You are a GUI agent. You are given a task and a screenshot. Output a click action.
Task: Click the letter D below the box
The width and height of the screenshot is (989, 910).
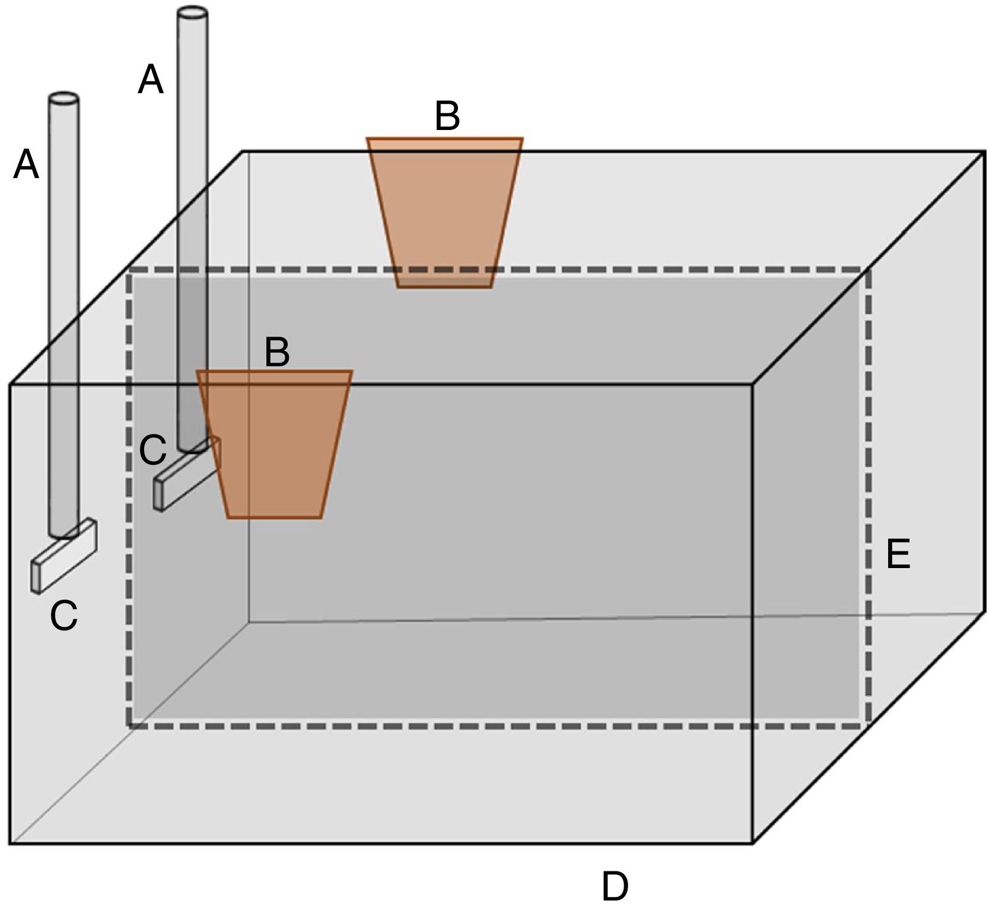[x=615, y=886]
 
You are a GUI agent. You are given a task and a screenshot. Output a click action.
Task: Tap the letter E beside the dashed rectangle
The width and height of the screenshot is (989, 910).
[x=898, y=555]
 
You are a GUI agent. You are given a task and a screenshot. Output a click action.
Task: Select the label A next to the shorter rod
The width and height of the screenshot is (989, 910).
[x=26, y=164]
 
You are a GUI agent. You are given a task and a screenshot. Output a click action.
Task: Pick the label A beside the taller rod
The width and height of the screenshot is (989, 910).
[x=150, y=80]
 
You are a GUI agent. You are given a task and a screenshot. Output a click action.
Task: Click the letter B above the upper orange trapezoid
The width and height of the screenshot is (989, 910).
[x=447, y=116]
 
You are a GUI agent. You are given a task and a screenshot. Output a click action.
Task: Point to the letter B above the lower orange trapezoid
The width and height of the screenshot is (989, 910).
[x=277, y=353]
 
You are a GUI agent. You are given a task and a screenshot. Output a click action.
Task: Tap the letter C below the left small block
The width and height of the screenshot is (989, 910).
[x=63, y=615]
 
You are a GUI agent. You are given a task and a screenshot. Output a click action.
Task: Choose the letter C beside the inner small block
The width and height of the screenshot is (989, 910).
[x=152, y=451]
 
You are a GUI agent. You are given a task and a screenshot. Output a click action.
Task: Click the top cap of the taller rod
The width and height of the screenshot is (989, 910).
[x=193, y=12]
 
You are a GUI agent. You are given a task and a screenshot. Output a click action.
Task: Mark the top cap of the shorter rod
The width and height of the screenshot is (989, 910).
[x=63, y=99]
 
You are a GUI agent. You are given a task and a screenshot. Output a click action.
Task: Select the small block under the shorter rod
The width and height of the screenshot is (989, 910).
[x=64, y=556]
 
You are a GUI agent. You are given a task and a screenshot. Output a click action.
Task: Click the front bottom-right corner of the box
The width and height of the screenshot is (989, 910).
[x=753, y=842]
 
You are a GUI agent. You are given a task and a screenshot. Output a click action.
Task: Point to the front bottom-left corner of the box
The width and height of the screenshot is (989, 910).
[x=10, y=843]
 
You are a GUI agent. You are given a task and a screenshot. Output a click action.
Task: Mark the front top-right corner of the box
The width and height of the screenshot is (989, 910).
[x=753, y=385]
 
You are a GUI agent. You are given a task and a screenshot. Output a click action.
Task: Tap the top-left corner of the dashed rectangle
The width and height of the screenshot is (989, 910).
[x=129, y=271]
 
